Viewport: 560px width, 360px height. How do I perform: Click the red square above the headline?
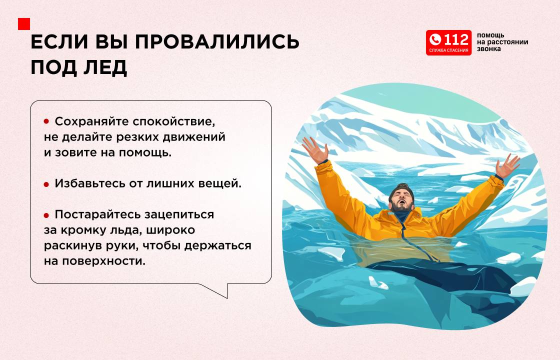tap(24, 24)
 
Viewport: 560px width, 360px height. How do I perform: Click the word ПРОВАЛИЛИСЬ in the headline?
tap(217, 42)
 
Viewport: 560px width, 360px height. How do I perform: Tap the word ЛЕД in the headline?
tap(105, 67)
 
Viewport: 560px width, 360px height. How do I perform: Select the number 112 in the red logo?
tap(456, 39)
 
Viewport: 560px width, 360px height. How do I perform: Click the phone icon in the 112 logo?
tap(435, 39)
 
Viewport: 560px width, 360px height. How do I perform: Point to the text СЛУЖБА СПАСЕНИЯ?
tap(448, 50)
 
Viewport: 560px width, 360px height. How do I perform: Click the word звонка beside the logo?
tap(488, 49)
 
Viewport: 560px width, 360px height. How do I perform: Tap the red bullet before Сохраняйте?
tap(46, 121)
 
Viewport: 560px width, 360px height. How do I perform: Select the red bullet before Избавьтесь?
tap(46, 184)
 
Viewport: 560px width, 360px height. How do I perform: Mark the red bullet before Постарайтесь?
tap(46, 215)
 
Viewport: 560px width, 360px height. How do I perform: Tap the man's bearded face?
tap(402, 199)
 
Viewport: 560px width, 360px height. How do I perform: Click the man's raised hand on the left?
tap(315, 150)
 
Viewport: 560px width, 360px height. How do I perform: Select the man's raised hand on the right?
tap(507, 165)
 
